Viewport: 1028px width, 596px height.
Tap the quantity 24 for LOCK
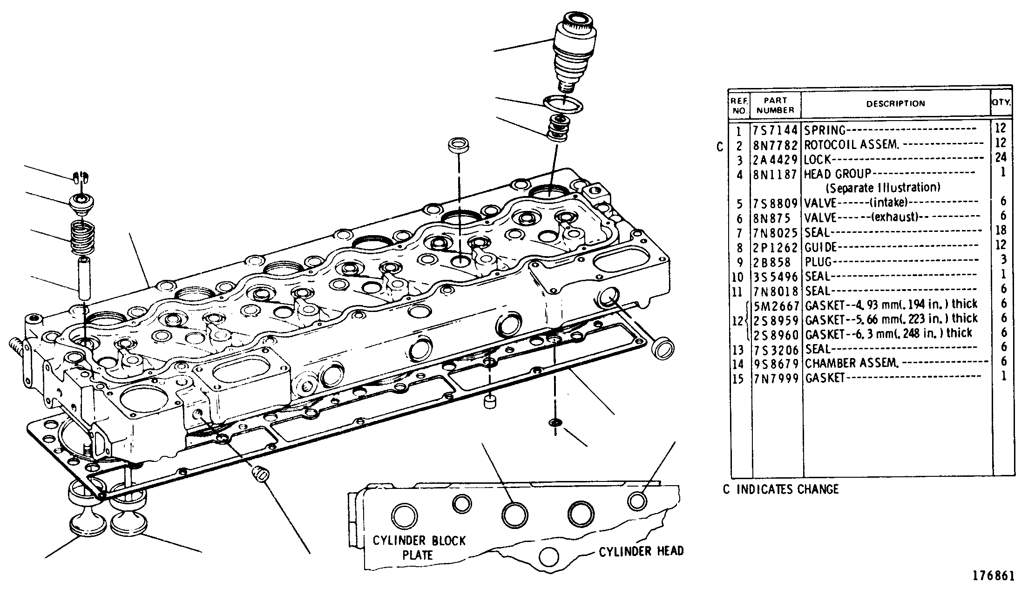coord(1001,157)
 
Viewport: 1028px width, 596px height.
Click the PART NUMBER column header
coord(776,105)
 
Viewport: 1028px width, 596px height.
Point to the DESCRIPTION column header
coord(896,103)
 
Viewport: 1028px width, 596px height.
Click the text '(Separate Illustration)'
coord(883,188)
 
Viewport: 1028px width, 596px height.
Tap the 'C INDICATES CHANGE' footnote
coord(781,489)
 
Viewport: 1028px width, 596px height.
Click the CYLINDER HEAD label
coord(641,552)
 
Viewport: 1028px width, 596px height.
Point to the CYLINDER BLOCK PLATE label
coord(419,548)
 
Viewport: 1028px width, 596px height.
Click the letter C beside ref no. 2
coord(720,148)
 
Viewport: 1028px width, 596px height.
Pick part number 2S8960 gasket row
coord(776,334)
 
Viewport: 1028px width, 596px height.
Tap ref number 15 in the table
coord(738,378)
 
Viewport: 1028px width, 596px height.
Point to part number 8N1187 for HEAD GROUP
coord(776,174)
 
